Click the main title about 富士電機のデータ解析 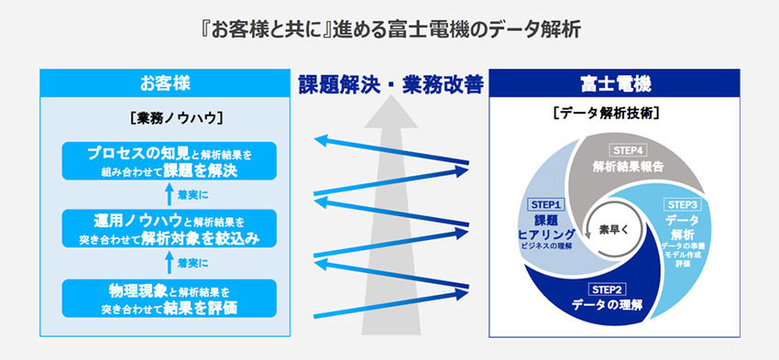[389, 27]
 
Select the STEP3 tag [684, 204]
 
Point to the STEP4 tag [629, 149]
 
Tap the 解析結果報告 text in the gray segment [629, 168]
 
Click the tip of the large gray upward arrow [389, 104]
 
